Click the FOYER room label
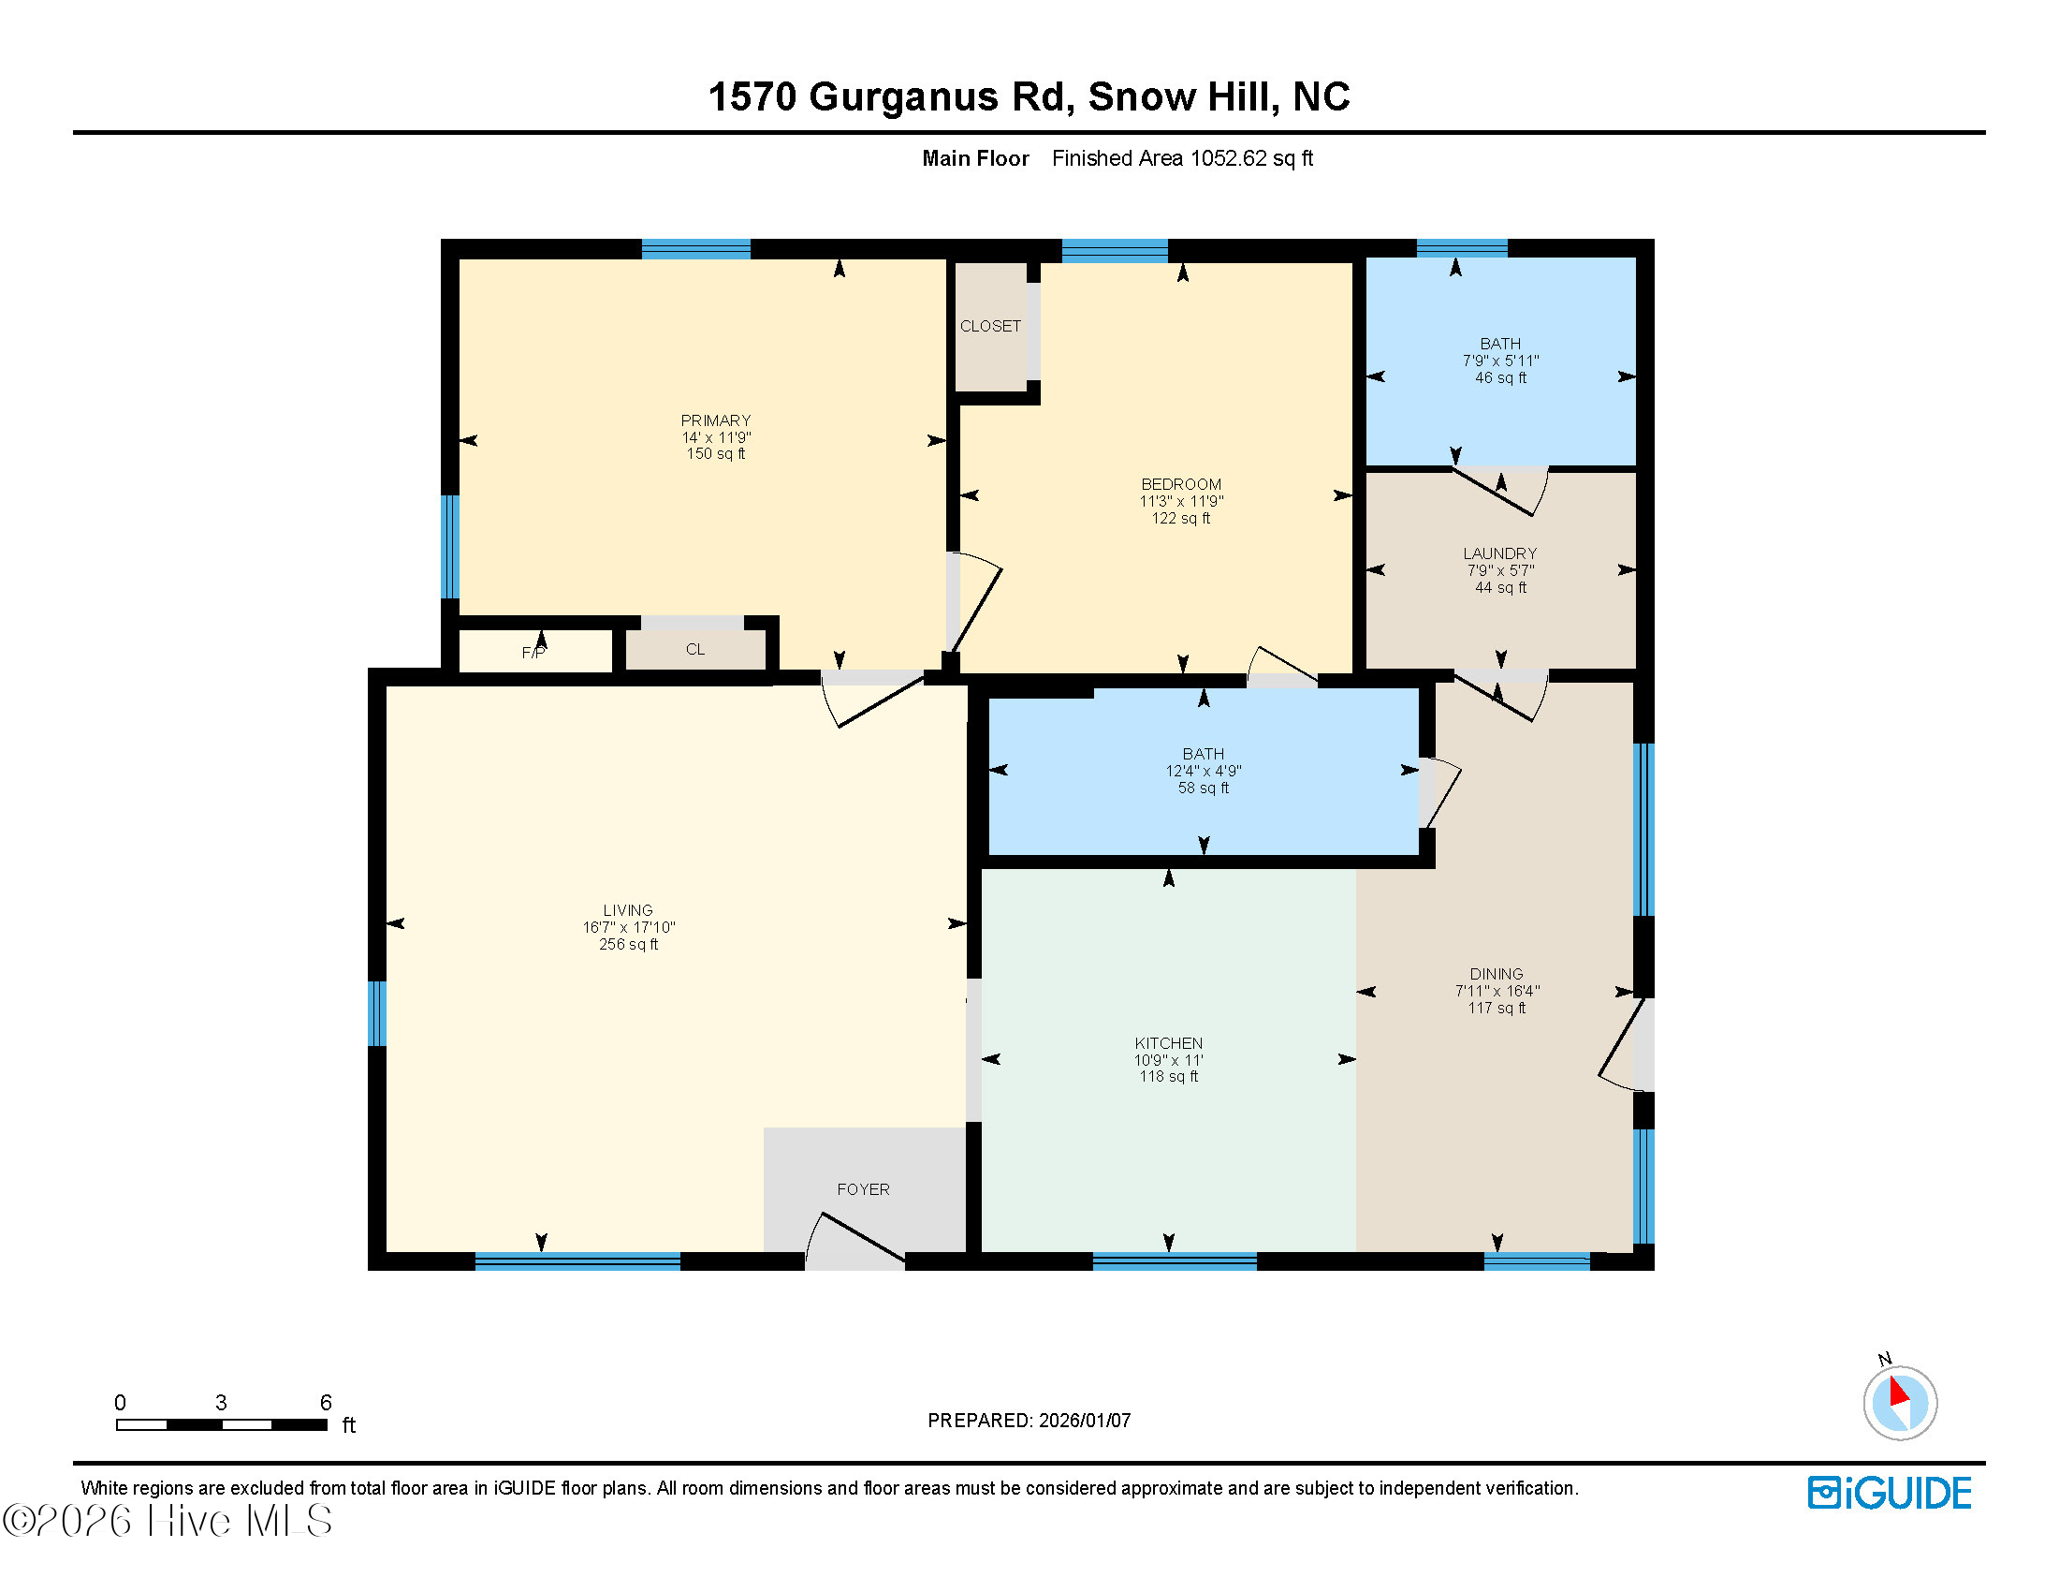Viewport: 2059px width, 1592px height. point(863,1189)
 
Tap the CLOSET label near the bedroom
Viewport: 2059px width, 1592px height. point(990,326)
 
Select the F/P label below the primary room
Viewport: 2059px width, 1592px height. point(533,653)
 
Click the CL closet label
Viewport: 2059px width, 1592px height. point(694,649)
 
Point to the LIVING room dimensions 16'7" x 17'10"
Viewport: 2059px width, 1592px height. point(628,927)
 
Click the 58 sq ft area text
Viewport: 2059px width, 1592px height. point(1203,788)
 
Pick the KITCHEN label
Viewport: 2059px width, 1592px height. point(1168,1043)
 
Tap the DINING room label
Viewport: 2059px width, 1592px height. point(1496,973)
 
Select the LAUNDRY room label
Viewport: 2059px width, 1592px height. point(1499,553)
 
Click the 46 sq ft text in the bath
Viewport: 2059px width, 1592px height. point(1500,377)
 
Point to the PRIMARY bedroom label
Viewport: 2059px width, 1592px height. point(716,420)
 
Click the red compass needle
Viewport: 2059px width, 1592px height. point(1899,1392)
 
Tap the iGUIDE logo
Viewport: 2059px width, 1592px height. point(1889,1493)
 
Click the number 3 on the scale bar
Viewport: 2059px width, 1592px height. point(221,1403)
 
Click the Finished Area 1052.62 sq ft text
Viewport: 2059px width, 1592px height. point(1181,158)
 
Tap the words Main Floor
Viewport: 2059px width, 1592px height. point(975,158)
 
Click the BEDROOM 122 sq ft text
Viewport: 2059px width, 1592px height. point(1180,518)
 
